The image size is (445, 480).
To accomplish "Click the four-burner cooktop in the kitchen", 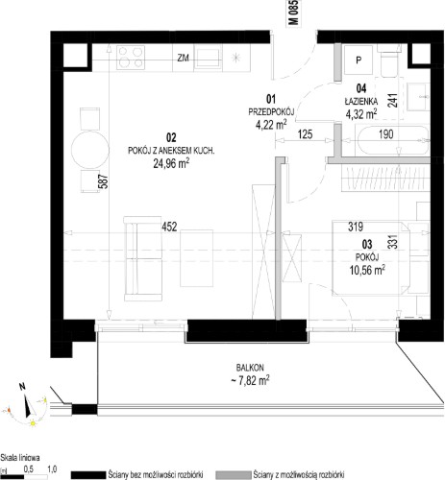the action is [131, 58].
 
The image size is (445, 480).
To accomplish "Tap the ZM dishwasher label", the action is [183, 58].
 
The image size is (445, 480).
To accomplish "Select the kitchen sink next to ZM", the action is [208, 58].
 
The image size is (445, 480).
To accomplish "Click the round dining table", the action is [89, 150].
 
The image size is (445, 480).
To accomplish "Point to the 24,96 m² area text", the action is [171, 163].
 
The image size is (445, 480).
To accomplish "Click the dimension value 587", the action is [105, 181].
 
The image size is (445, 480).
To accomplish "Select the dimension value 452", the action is [169, 227].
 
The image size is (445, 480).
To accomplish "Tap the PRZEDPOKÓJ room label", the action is [271, 112].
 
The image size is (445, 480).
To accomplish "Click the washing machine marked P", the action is [358, 60].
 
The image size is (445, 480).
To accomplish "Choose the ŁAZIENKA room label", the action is [361, 102].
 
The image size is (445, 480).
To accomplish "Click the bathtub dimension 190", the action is [385, 134].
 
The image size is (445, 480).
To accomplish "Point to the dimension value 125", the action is [305, 134].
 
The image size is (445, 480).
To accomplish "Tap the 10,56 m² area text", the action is [367, 271].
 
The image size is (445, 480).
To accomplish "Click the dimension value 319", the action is [356, 227].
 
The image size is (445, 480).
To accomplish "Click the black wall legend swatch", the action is [88, 475].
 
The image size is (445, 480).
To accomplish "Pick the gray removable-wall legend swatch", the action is [233, 475].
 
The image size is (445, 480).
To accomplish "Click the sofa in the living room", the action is [143, 258].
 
